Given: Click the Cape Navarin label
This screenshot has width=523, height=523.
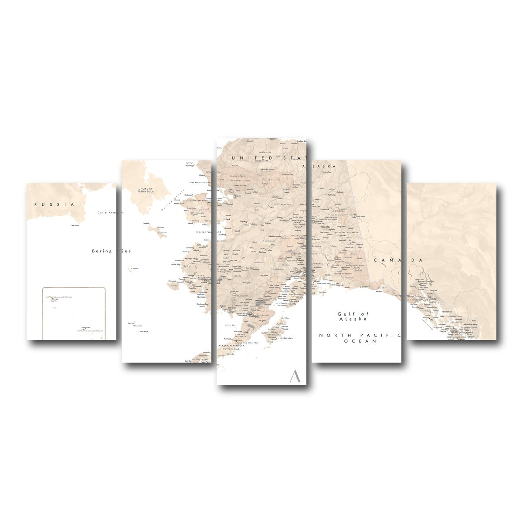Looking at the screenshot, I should (75, 225).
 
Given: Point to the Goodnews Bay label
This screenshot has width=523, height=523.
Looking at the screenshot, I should (200, 304).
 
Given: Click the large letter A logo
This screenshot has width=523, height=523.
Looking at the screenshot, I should (295, 376).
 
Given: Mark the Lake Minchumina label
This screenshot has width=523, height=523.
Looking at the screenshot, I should (275, 236).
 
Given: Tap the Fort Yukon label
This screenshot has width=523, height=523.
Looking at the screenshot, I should (334, 195).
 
